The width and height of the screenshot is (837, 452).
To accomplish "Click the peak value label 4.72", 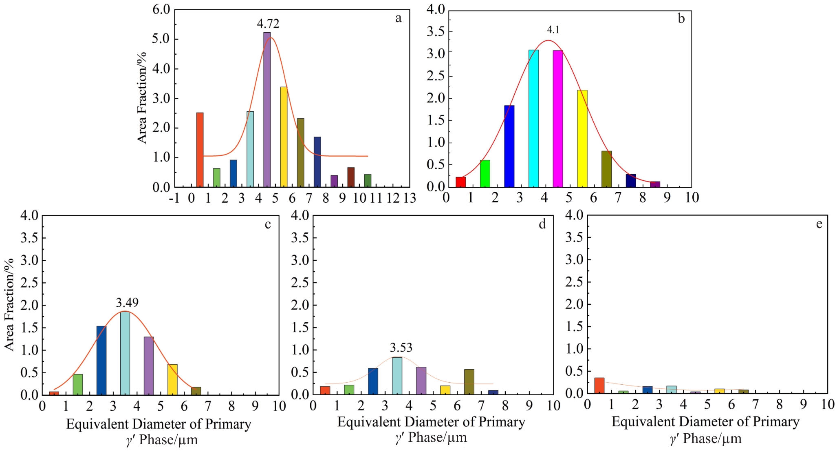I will click(268, 24).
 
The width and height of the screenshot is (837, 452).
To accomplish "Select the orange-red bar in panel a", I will click(200, 150).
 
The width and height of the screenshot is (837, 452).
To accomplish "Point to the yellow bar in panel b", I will click(582, 138).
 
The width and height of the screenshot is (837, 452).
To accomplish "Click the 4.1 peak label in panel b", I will click(553, 30).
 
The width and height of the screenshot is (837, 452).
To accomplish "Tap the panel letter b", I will click(681, 18).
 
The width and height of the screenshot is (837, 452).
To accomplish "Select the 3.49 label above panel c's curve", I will click(127, 303).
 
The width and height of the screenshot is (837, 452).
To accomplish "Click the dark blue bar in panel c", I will click(101, 360).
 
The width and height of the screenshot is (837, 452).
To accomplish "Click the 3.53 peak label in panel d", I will click(401, 348).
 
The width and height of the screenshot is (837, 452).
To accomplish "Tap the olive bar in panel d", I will click(469, 382).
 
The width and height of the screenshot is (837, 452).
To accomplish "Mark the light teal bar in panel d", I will click(397, 376).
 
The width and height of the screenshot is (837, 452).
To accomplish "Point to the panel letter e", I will click(819, 224).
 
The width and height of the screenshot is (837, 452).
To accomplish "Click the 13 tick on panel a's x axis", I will click(410, 198).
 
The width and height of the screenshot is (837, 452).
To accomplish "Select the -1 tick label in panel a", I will click(174, 198).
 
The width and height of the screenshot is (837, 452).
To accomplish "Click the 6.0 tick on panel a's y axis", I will click(161, 9).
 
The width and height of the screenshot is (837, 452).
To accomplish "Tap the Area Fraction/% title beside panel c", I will click(9, 304).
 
